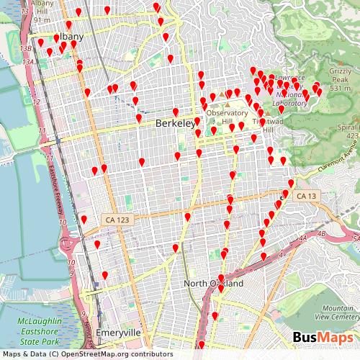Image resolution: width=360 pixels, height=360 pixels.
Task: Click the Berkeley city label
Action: coord(175,124)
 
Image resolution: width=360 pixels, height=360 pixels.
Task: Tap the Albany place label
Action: coord(68,37)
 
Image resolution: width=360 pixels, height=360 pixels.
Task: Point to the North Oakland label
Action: coord(213,284)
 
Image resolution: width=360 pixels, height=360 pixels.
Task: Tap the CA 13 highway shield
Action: coord(305,196)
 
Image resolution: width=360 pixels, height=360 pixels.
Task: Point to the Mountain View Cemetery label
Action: coord(336,311)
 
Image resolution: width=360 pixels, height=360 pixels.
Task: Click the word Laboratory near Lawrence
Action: coord(289,102)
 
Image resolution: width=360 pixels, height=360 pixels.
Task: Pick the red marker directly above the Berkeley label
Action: coord(175,112)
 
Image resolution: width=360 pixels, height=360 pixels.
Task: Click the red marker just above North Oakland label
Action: coord(221,278)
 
